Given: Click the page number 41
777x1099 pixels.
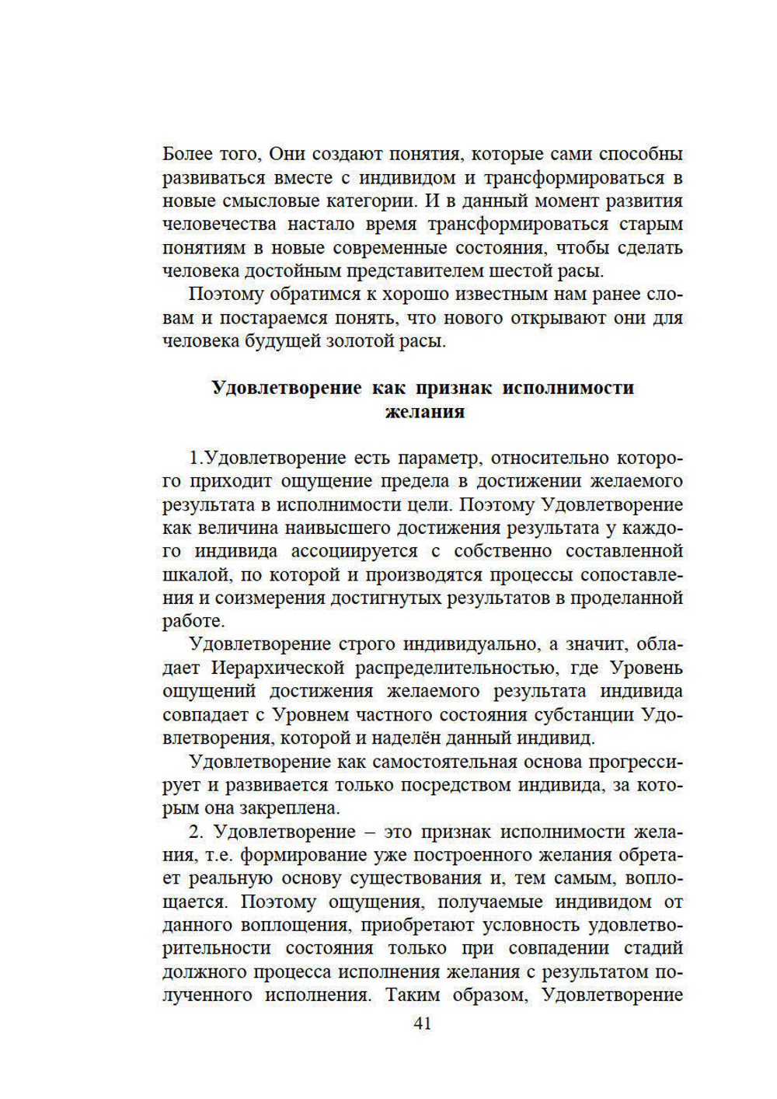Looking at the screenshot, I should tap(422, 1023).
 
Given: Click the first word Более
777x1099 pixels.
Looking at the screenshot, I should tap(187, 154).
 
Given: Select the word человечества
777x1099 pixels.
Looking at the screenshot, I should tap(219, 224).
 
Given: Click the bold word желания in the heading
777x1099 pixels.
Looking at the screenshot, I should tap(424, 411).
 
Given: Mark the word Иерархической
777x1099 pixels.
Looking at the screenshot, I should tap(277, 668).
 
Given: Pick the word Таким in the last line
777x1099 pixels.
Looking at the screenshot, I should tap(413, 995).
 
